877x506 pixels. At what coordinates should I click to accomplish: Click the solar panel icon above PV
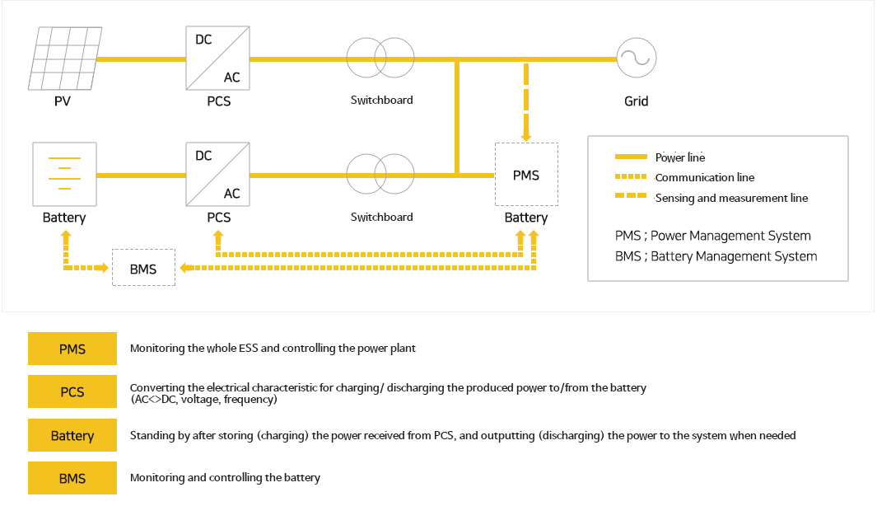[65, 59]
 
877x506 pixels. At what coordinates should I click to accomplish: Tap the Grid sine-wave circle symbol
[636, 59]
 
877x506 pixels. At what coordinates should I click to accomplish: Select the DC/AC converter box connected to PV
[218, 58]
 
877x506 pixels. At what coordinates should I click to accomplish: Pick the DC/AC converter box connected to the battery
[218, 174]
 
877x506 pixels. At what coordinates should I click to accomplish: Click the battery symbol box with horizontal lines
[64, 174]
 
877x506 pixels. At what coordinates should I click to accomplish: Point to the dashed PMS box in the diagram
[526, 175]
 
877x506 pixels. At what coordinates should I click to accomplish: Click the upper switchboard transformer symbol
[380, 59]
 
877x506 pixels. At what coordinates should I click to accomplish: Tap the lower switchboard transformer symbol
[380, 174]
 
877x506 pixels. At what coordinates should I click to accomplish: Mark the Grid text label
[637, 101]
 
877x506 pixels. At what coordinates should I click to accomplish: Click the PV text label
[63, 101]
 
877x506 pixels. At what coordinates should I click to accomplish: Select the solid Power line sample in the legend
[631, 157]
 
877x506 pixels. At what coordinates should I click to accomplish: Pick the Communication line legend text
[705, 177]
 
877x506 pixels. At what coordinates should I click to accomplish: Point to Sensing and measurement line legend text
[731, 198]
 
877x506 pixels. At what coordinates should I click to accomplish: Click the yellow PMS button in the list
[72, 349]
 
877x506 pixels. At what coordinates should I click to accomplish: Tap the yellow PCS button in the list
[72, 391]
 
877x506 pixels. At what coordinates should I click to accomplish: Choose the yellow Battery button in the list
[72, 435]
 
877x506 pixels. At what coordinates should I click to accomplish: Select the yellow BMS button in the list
[72, 478]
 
